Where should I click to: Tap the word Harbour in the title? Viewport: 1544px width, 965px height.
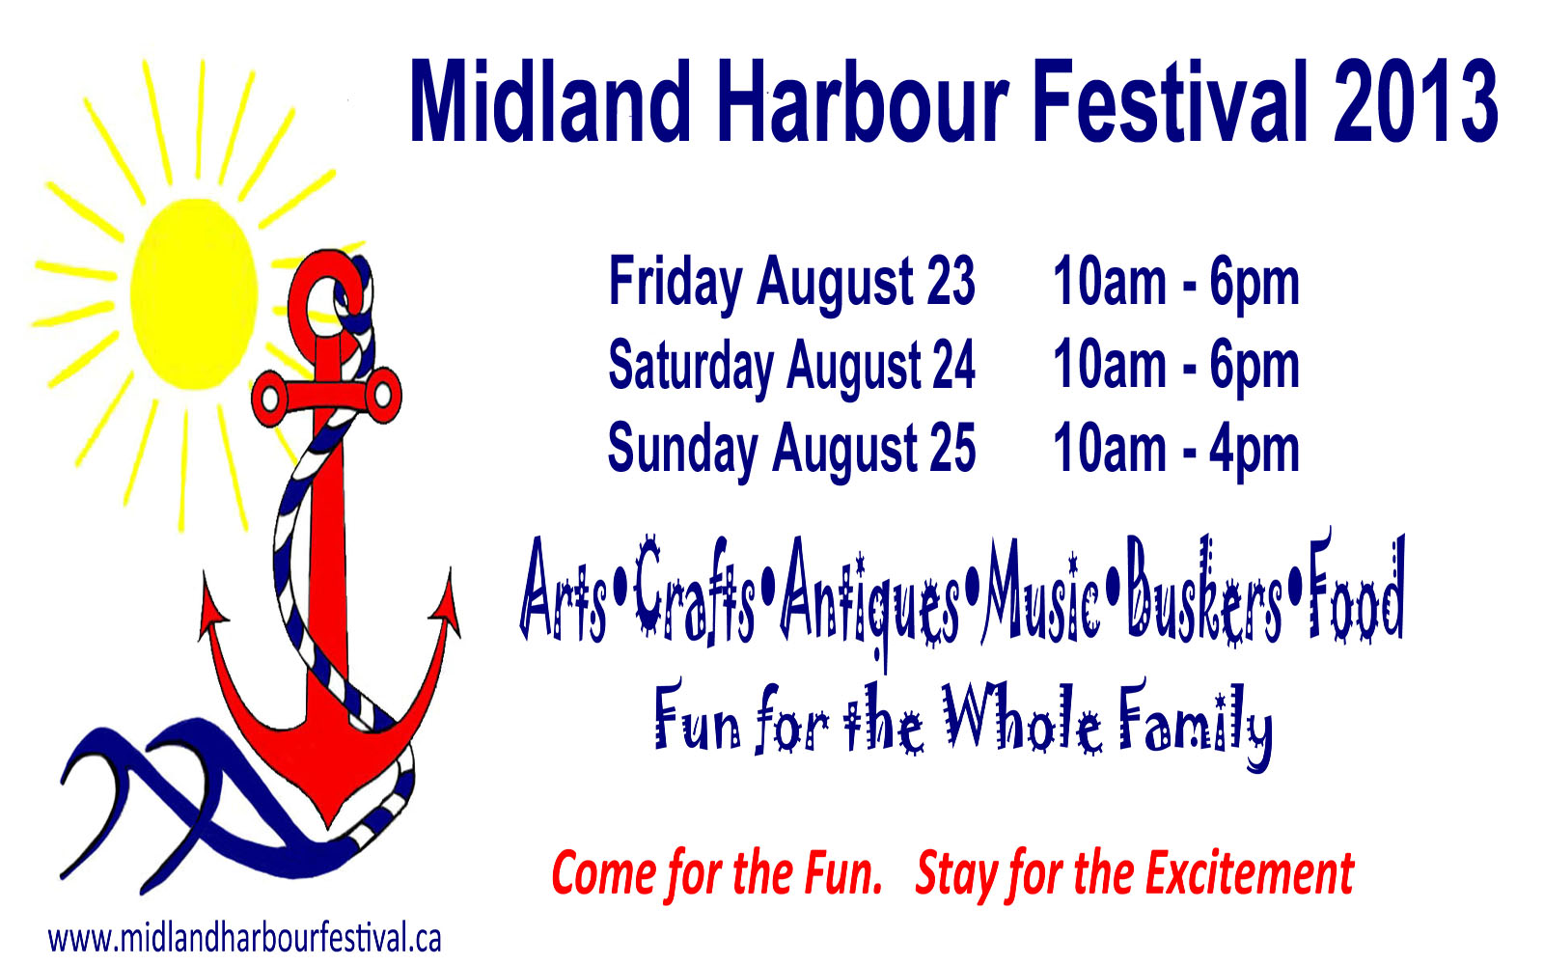[865, 101]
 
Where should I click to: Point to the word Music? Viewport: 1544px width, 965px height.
[1041, 592]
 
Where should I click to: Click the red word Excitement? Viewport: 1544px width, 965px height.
[1249, 874]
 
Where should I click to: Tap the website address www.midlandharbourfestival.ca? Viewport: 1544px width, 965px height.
[244, 939]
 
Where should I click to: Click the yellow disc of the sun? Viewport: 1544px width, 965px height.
[194, 294]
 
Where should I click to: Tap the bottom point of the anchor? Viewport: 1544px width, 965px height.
[328, 826]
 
